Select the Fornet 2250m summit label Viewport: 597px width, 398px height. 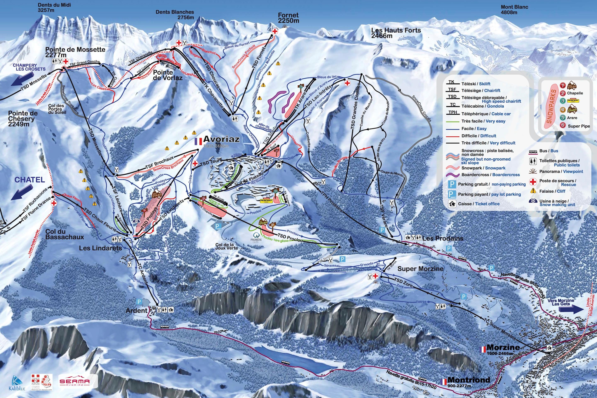pos(288,18)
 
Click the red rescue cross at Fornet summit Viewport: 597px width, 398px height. pos(274,31)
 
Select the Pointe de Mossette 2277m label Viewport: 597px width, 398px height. pos(75,52)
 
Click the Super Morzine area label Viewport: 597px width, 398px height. pos(420,269)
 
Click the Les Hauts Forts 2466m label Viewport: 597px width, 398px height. pos(396,33)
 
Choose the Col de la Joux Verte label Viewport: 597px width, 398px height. pos(226,246)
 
